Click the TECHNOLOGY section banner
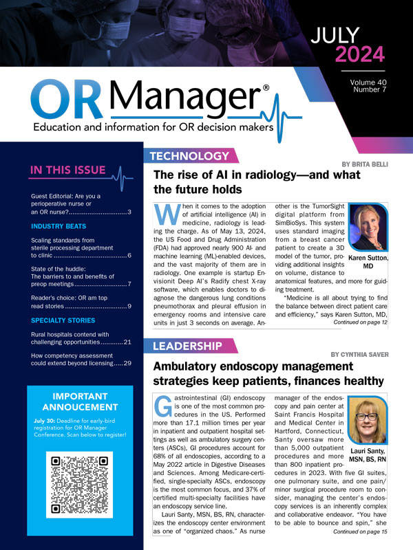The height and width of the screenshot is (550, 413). pos(188,156)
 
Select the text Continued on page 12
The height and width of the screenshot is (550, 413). pos(361,321)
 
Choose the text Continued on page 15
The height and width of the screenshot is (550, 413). pos(361,512)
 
